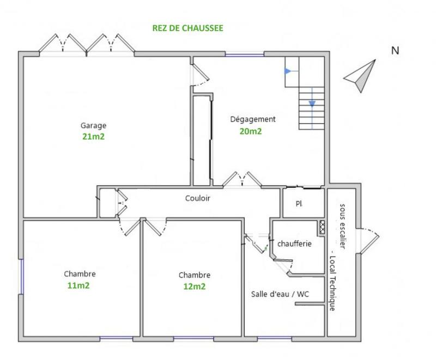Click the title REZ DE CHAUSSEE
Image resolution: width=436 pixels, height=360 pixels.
pyautogui.click(x=188, y=28)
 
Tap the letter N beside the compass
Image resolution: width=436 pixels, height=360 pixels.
pyautogui.click(x=395, y=51)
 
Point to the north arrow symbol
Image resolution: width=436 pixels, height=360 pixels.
pyautogui.click(x=360, y=77)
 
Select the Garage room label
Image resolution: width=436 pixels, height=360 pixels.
pyautogui.click(x=93, y=125)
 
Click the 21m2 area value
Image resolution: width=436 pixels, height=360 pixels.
pyautogui.click(x=93, y=137)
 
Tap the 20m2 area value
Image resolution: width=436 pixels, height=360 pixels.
pyautogui.click(x=251, y=131)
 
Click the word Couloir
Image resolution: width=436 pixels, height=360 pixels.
pyautogui.click(x=197, y=198)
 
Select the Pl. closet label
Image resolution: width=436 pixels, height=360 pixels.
pyautogui.click(x=299, y=204)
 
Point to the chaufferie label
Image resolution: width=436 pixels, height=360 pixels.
pyautogui.click(x=294, y=243)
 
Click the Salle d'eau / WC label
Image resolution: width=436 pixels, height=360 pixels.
pyautogui.click(x=280, y=294)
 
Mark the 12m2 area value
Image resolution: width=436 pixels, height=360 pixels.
pyautogui.click(x=194, y=286)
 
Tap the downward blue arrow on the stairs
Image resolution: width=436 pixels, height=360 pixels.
pyautogui.click(x=312, y=103)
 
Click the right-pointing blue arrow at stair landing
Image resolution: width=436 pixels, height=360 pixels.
pyautogui.click(x=288, y=71)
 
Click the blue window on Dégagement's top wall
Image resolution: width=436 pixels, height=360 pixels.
pyautogui.click(x=244, y=53)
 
